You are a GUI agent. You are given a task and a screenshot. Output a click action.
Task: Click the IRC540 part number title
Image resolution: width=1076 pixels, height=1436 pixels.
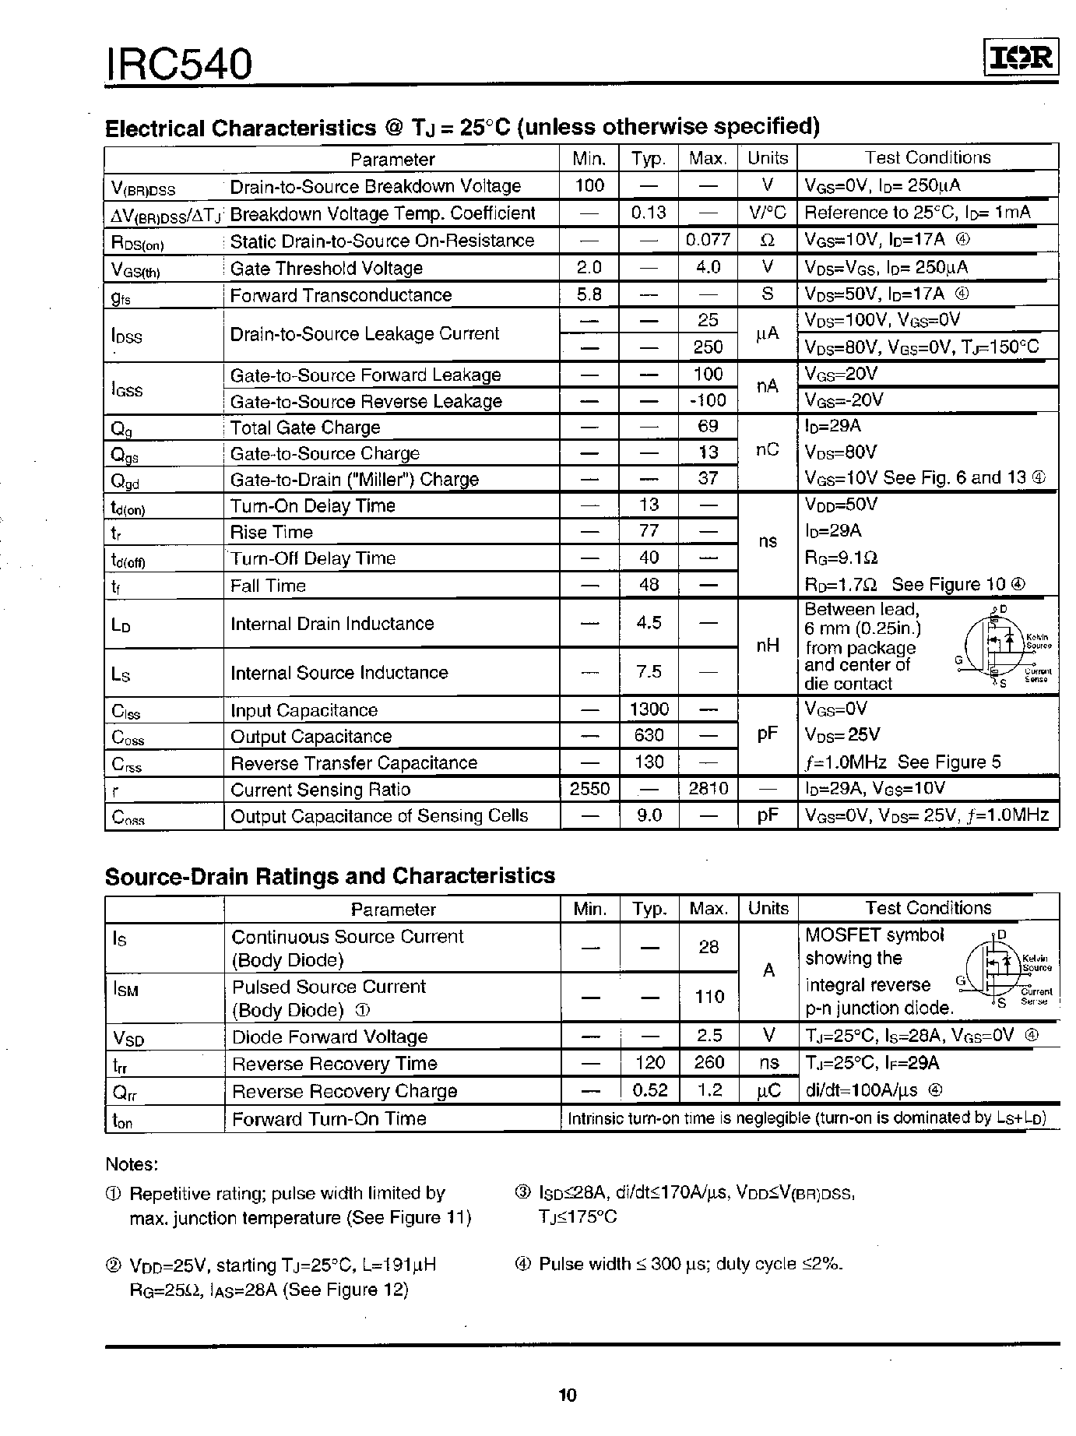point(180,65)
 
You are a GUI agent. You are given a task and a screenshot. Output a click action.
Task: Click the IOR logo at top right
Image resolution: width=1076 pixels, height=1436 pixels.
point(1019,58)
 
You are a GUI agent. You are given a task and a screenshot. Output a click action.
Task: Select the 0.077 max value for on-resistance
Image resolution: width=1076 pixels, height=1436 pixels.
point(708,241)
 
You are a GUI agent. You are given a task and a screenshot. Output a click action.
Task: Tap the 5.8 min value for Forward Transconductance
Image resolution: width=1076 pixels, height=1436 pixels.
point(589,294)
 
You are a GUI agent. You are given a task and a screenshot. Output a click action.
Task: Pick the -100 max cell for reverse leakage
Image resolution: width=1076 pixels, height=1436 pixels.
point(708,400)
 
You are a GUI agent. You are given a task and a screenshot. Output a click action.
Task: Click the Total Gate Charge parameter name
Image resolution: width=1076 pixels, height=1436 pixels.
point(305,428)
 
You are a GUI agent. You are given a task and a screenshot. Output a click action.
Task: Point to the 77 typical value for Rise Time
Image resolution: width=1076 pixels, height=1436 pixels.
point(649,531)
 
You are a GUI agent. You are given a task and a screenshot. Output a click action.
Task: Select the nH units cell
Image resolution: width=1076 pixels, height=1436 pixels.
point(768,646)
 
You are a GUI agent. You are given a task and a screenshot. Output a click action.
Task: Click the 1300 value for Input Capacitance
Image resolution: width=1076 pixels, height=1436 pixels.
point(649,709)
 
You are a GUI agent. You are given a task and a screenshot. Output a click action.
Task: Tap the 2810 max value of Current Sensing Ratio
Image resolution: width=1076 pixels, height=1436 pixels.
point(708,789)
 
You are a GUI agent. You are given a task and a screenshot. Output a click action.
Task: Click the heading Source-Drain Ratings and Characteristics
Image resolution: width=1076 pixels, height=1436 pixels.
point(330,876)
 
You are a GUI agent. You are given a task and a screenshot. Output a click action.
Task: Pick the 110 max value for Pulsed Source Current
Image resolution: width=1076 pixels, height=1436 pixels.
point(709,997)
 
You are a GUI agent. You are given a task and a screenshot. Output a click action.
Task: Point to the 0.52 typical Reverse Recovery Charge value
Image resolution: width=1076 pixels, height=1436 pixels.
point(649,1090)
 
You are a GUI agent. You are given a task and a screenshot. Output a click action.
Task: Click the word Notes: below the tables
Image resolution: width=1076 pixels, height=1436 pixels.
point(132,1164)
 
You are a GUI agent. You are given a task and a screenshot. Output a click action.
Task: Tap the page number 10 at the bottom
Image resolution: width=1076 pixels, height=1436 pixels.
point(568,1395)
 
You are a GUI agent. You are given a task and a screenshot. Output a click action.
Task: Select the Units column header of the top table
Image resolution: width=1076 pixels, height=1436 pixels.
point(768,158)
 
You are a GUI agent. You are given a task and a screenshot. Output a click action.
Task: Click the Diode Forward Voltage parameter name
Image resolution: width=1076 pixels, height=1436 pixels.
point(330,1037)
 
